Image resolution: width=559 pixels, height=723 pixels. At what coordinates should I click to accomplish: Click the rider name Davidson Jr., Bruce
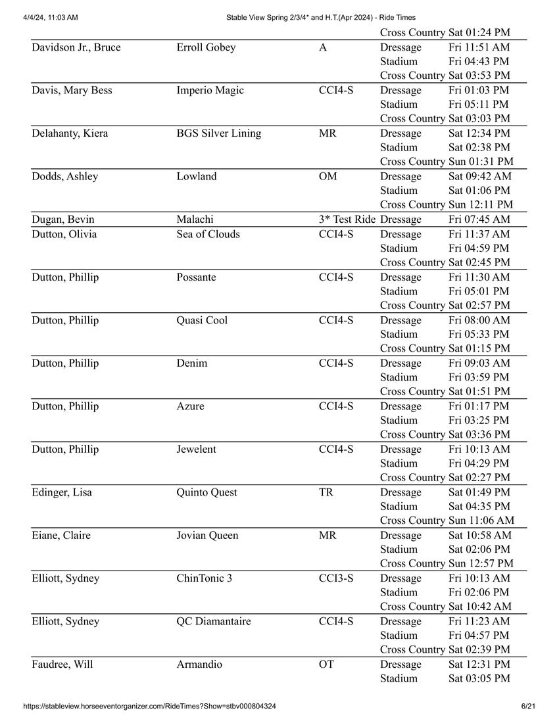(x=76, y=47)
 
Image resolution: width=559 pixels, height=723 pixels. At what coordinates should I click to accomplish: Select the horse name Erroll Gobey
(x=206, y=47)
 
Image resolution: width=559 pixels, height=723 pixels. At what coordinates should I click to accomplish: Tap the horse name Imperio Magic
(x=210, y=90)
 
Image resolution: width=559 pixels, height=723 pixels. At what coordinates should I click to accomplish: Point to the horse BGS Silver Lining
(x=218, y=133)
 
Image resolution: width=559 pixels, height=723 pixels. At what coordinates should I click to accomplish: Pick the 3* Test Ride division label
(x=347, y=220)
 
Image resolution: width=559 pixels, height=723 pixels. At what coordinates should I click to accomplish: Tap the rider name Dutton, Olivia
(x=66, y=234)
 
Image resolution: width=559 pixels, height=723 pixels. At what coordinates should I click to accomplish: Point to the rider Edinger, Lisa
(x=62, y=492)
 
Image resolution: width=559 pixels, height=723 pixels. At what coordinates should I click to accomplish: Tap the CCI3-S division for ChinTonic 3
(x=336, y=578)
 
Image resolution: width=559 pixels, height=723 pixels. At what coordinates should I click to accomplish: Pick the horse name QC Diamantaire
(x=214, y=622)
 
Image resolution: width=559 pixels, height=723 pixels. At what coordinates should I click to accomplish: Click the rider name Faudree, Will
(x=62, y=665)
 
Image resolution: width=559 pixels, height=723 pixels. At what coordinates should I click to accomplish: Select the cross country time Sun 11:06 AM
(x=481, y=521)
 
